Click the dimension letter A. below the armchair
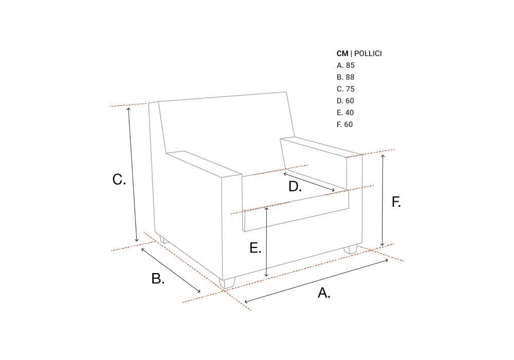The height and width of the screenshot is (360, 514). coord(324,293)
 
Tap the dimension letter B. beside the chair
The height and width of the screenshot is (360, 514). coord(158,278)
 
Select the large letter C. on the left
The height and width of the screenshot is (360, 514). coord(119,179)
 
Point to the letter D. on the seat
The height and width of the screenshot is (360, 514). coord(295,186)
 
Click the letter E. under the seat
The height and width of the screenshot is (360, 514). coord(255,248)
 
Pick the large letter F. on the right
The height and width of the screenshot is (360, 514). coord(396,202)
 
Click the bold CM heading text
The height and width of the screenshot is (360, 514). coord(342,53)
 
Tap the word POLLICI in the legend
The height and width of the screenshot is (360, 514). coord(368,53)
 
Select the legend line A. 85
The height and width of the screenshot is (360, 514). coord(345,65)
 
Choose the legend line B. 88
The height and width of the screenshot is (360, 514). coord(345,77)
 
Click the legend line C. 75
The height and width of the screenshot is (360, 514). coord(345,89)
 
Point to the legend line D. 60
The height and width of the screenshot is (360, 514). coord(345,101)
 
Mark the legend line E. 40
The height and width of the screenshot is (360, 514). coord(345,113)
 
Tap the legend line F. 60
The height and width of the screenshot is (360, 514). coord(344,124)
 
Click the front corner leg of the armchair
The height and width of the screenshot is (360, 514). coord(227,283)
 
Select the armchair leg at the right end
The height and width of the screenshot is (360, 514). coord(351,249)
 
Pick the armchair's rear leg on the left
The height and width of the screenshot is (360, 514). coord(164,240)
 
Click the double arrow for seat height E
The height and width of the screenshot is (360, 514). coord(266,242)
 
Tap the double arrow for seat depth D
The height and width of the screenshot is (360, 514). coord(309,182)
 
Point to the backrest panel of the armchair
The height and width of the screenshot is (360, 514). coord(226,124)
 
